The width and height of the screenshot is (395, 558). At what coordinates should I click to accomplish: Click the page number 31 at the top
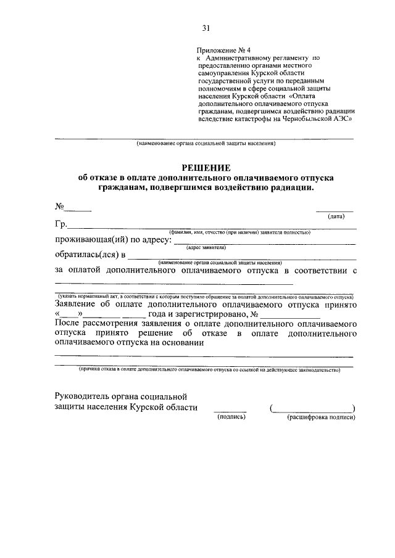point(206,27)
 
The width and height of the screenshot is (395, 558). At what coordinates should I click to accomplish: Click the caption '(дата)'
point(336,216)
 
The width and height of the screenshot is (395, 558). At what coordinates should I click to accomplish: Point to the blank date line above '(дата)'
point(335,210)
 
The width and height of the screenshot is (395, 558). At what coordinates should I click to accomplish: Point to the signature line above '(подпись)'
point(230,411)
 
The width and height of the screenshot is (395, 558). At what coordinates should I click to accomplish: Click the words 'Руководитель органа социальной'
point(120,396)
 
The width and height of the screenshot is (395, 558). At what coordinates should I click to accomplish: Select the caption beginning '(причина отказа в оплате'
point(206,370)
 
